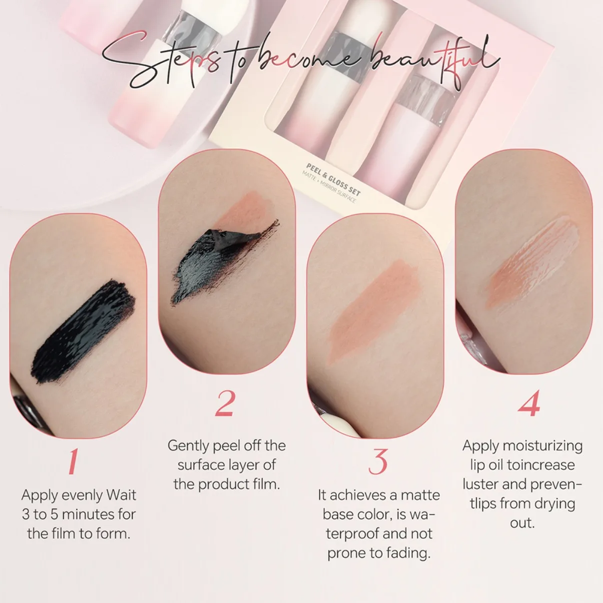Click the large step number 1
(x=74, y=461)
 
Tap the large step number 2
(x=225, y=403)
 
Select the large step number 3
(x=378, y=461)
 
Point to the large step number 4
(x=529, y=403)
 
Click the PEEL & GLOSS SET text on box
(x=333, y=179)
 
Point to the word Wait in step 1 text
(x=122, y=495)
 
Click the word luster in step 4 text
(x=480, y=484)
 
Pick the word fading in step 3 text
(x=409, y=553)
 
